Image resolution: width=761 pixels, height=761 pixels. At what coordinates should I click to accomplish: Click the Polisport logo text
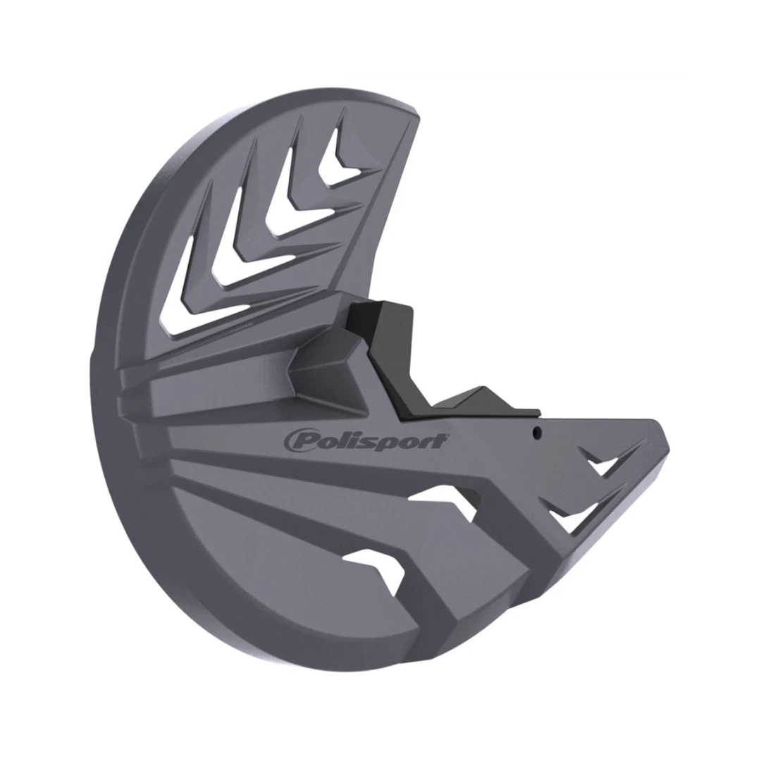click(x=365, y=442)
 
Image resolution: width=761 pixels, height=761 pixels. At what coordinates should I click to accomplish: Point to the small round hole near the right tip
click(x=536, y=433)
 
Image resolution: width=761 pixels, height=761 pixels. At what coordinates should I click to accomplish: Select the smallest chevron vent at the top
click(x=341, y=160)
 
